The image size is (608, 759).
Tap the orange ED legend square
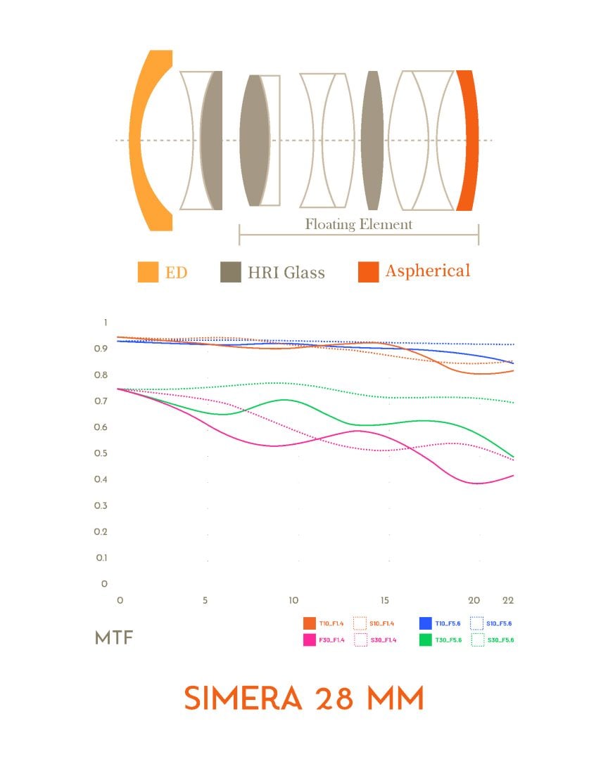tap(148, 272)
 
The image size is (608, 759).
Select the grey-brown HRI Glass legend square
tap(231, 272)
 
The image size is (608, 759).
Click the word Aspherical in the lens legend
tap(427, 271)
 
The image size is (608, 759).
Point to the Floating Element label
tap(358, 225)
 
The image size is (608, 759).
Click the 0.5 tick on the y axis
tap(104, 453)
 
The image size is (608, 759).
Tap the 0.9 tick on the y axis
tap(104, 349)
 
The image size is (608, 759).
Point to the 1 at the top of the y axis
tap(106, 323)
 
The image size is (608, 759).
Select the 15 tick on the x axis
tap(384, 601)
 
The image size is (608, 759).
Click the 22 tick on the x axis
tap(508, 601)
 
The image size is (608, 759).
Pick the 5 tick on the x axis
tap(205, 601)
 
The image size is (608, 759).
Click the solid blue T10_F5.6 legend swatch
tap(425, 623)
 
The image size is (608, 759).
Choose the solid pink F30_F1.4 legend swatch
tap(309, 640)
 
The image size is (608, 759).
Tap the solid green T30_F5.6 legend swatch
tap(425, 640)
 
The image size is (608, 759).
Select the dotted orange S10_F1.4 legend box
tap(360, 623)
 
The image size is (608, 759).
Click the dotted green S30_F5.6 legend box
tap(478, 640)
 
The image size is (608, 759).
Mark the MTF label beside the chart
tap(114, 638)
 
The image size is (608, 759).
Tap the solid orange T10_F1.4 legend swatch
tap(309, 623)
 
